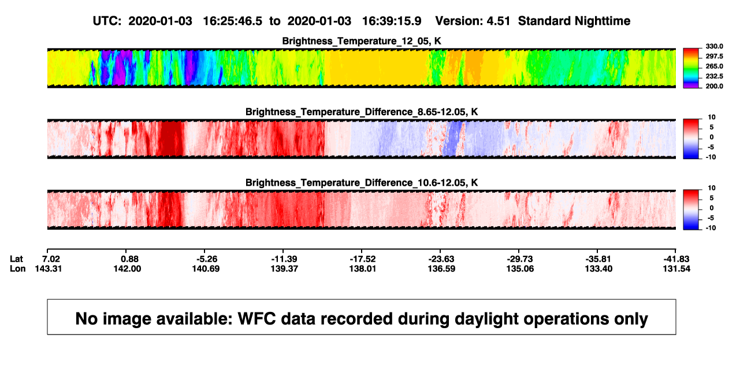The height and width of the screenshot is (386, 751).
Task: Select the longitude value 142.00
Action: pyautogui.click(x=127, y=269)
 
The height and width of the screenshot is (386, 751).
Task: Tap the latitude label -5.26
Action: pyautogui.click(x=206, y=259)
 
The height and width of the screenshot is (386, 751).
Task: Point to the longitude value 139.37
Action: pyautogui.click(x=284, y=269)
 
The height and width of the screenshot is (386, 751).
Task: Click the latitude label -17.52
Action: pyautogui.click(x=363, y=259)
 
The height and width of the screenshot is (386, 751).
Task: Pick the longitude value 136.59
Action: pyautogui.click(x=441, y=269)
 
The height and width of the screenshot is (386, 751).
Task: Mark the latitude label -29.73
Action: pyautogui.click(x=520, y=259)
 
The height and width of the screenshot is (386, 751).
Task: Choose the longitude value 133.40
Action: pyautogui.click(x=598, y=269)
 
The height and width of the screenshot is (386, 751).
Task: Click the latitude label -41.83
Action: pyautogui.click(x=676, y=259)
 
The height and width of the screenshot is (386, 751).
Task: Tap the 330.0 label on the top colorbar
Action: pyautogui.click(x=714, y=46)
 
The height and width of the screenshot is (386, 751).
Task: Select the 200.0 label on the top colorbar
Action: pyautogui.click(x=714, y=86)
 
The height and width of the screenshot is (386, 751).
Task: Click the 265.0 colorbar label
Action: pyautogui.click(x=714, y=66)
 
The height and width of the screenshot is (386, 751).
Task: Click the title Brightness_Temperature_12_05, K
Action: pyautogui.click(x=362, y=41)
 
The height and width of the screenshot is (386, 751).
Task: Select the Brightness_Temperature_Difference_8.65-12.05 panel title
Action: pyautogui.click(x=362, y=112)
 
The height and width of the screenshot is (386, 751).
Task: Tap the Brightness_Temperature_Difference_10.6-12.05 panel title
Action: pyautogui.click(x=362, y=183)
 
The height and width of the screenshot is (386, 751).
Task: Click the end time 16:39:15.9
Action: pyautogui.click(x=392, y=21)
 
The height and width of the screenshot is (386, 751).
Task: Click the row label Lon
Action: pyautogui.click(x=18, y=269)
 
